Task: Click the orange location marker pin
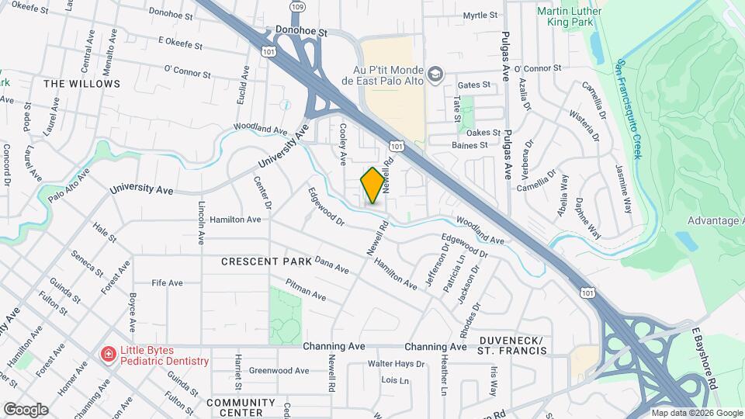point(372,185)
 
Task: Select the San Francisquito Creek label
point(629,109)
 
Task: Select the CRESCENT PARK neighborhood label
point(266,261)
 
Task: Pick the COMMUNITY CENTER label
point(241,407)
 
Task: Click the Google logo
point(26,409)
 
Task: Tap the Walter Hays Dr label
point(396,363)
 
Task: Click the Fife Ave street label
point(167,282)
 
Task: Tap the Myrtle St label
point(480,16)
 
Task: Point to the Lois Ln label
point(394,380)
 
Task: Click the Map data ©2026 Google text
point(695,413)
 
